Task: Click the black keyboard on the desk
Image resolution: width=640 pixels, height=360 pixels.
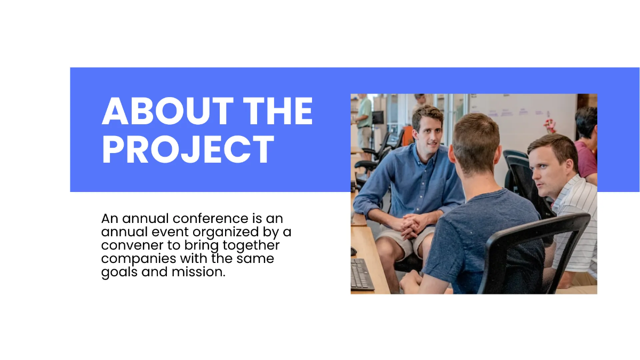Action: (x=362, y=274)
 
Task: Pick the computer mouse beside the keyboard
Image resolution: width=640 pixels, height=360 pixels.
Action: (x=353, y=251)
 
